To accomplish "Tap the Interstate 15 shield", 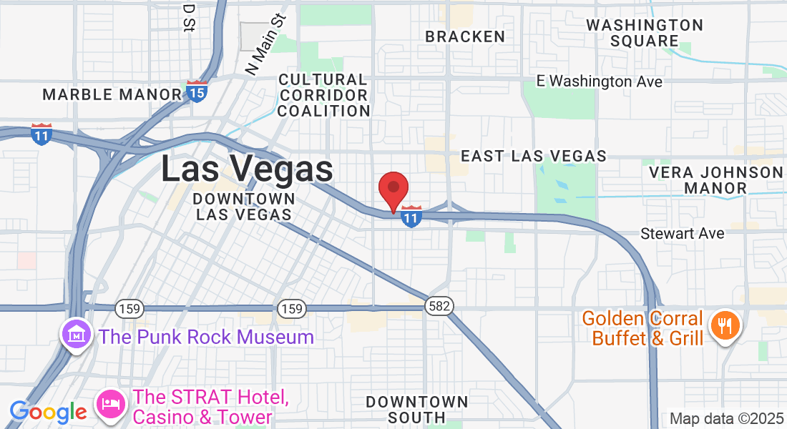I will (197, 91).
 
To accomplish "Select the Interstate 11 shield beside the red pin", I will (411, 216).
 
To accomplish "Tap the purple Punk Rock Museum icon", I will (76, 334).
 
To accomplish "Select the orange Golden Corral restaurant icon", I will (725, 327).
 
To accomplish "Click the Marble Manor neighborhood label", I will (112, 94).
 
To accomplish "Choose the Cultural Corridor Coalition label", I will (323, 95).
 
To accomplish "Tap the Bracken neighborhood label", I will (465, 36).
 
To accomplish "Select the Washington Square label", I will (645, 33).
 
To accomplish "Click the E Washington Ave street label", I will (600, 82).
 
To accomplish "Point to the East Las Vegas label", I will (534, 156).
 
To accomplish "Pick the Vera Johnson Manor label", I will (715, 180).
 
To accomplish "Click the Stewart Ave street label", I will (682, 234).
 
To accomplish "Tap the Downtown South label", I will (417, 409).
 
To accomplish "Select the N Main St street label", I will (265, 44).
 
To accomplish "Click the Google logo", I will (48, 412).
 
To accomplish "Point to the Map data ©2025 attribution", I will (725, 419).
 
